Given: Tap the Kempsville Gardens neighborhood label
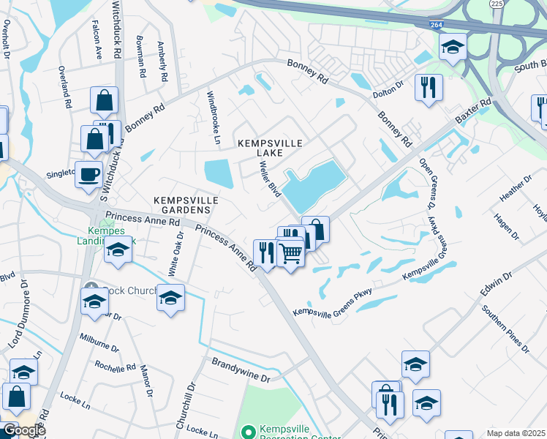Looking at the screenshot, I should coord(182,204).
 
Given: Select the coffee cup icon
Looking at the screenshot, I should coord(89,175).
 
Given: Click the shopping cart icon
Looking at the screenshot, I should coord(291,254).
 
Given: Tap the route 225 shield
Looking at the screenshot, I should coord(497,4).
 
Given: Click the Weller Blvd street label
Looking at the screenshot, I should coord(270,179).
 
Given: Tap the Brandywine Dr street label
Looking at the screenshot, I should coord(241,370).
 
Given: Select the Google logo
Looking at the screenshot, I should coord(23,430).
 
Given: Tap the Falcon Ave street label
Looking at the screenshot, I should coord(97,40).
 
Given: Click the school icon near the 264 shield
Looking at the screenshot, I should coord(453,48).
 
